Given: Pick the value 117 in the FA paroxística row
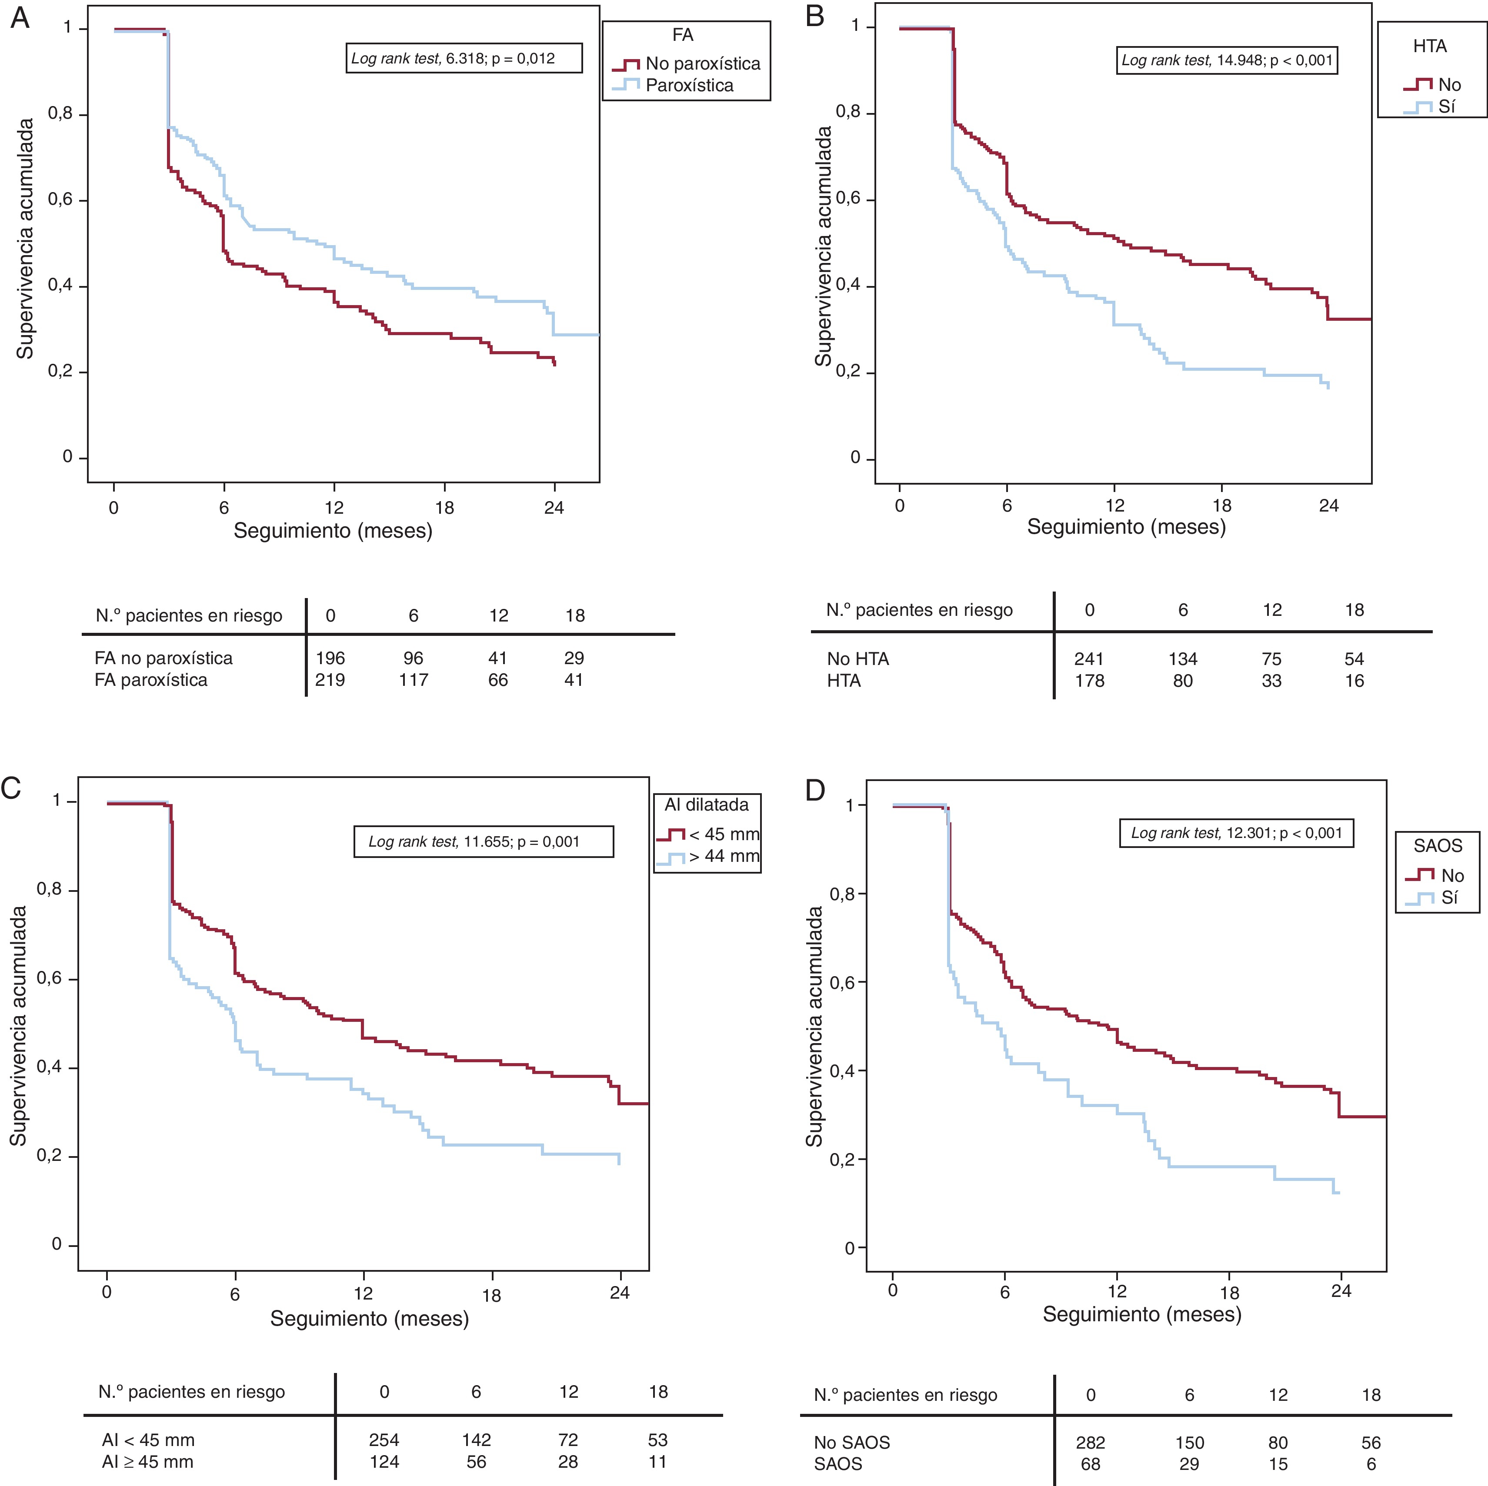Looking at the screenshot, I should click(414, 680).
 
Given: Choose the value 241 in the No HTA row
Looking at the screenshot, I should click(1089, 659).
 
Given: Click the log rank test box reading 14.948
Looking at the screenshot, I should click(1227, 60).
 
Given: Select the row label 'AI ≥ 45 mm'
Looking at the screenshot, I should click(148, 1461).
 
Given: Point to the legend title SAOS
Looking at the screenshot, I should click(1437, 845).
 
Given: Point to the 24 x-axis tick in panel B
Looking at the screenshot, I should click(1328, 506).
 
